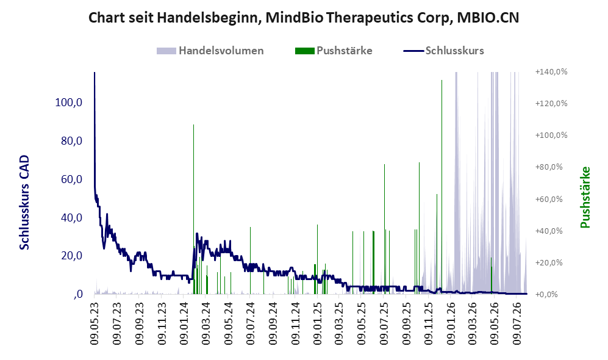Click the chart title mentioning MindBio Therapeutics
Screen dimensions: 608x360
click(304, 18)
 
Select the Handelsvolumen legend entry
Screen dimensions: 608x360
click(210, 51)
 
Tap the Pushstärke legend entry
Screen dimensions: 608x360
click(334, 51)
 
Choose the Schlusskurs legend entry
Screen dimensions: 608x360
click(443, 51)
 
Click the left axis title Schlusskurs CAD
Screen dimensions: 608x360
click(24, 203)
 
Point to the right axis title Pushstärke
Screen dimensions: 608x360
click(585, 197)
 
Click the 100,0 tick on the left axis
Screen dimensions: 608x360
click(69, 103)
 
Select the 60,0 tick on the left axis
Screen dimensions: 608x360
click(72, 179)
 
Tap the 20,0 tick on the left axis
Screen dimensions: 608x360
click(72, 256)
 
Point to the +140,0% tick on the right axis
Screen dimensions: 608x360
click(551, 72)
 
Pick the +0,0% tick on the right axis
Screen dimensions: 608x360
click(546, 294)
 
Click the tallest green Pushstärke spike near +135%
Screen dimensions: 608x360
click(442, 187)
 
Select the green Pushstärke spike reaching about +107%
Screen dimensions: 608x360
click(193, 209)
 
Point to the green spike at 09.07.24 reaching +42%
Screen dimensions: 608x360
click(250, 261)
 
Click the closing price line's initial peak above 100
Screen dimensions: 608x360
click(95, 73)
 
